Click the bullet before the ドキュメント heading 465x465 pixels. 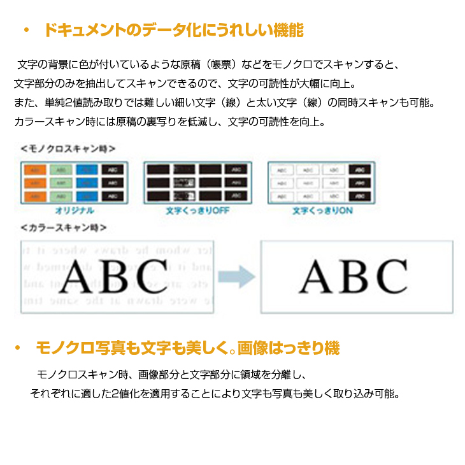tap(26, 31)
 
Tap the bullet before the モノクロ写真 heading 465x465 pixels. tap(19, 348)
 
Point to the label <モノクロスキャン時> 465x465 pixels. tap(68, 148)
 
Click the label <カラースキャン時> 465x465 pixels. tap(63, 227)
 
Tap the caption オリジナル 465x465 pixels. tap(75, 210)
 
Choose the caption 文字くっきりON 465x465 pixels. tap(321, 210)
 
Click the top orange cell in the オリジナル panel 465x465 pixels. tap(37, 170)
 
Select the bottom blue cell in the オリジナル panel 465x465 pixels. tap(87, 196)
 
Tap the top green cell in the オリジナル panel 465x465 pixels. tap(62, 170)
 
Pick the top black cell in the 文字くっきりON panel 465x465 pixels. tap(359, 170)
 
